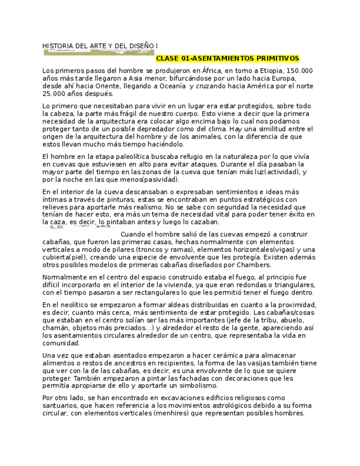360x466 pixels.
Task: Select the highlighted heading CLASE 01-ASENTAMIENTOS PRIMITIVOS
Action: click(x=228, y=58)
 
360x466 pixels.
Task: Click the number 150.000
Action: click(x=300, y=71)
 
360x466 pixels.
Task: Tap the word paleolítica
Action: click(x=128, y=157)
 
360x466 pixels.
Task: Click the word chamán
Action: click(x=55, y=328)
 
